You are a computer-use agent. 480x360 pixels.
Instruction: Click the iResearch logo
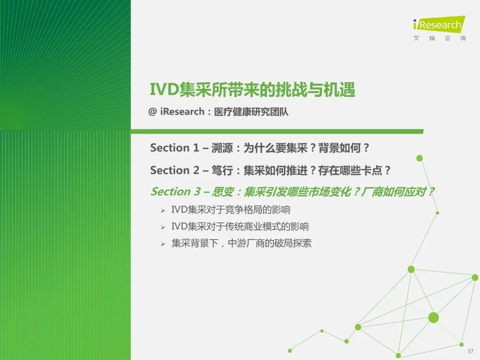click(x=439, y=24)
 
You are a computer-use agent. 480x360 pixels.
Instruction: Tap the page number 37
click(x=470, y=351)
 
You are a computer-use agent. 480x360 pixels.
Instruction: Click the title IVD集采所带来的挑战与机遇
click(x=252, y=90)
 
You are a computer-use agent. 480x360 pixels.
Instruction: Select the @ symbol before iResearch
click(x=152, y=112)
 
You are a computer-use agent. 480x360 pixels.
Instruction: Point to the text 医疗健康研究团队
click(x=251, y=112)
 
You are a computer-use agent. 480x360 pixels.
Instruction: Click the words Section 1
click(x=175, y=148)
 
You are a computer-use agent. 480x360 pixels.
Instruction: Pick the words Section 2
click(x=175, y=170)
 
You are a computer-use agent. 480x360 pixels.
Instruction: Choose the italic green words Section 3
click(x=176, y=192)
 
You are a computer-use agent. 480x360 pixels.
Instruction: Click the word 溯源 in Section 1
click(x=222, y=148)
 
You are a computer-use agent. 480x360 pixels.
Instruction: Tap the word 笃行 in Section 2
click(x=222, y=171)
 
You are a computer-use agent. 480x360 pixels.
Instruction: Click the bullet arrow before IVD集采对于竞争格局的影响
click(x=163, y=210)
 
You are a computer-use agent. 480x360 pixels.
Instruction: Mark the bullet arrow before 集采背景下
click(x=163, y=244)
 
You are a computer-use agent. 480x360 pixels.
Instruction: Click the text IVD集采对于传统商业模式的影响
click(x=240, y=227)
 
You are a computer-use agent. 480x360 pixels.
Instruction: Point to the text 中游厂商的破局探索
click(x=270, y=244)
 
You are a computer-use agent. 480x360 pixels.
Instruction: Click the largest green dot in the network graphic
click(x=433, y=318)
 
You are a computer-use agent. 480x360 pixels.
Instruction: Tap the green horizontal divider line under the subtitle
click(x=277, y=132)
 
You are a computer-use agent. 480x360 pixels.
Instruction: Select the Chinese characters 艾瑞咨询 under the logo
click(x=440, y=38)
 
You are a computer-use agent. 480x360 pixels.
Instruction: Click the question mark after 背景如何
click(x=366, y=148)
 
